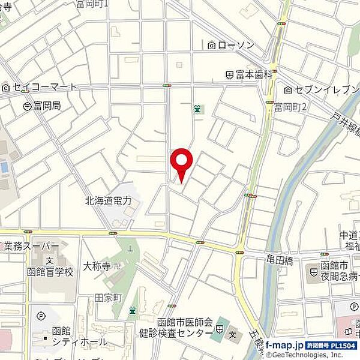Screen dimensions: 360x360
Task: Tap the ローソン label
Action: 236,44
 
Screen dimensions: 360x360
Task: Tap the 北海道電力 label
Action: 108,201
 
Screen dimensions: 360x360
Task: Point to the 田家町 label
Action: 109,298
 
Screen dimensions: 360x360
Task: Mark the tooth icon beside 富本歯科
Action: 229,75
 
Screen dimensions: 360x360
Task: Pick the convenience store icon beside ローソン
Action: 212,45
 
